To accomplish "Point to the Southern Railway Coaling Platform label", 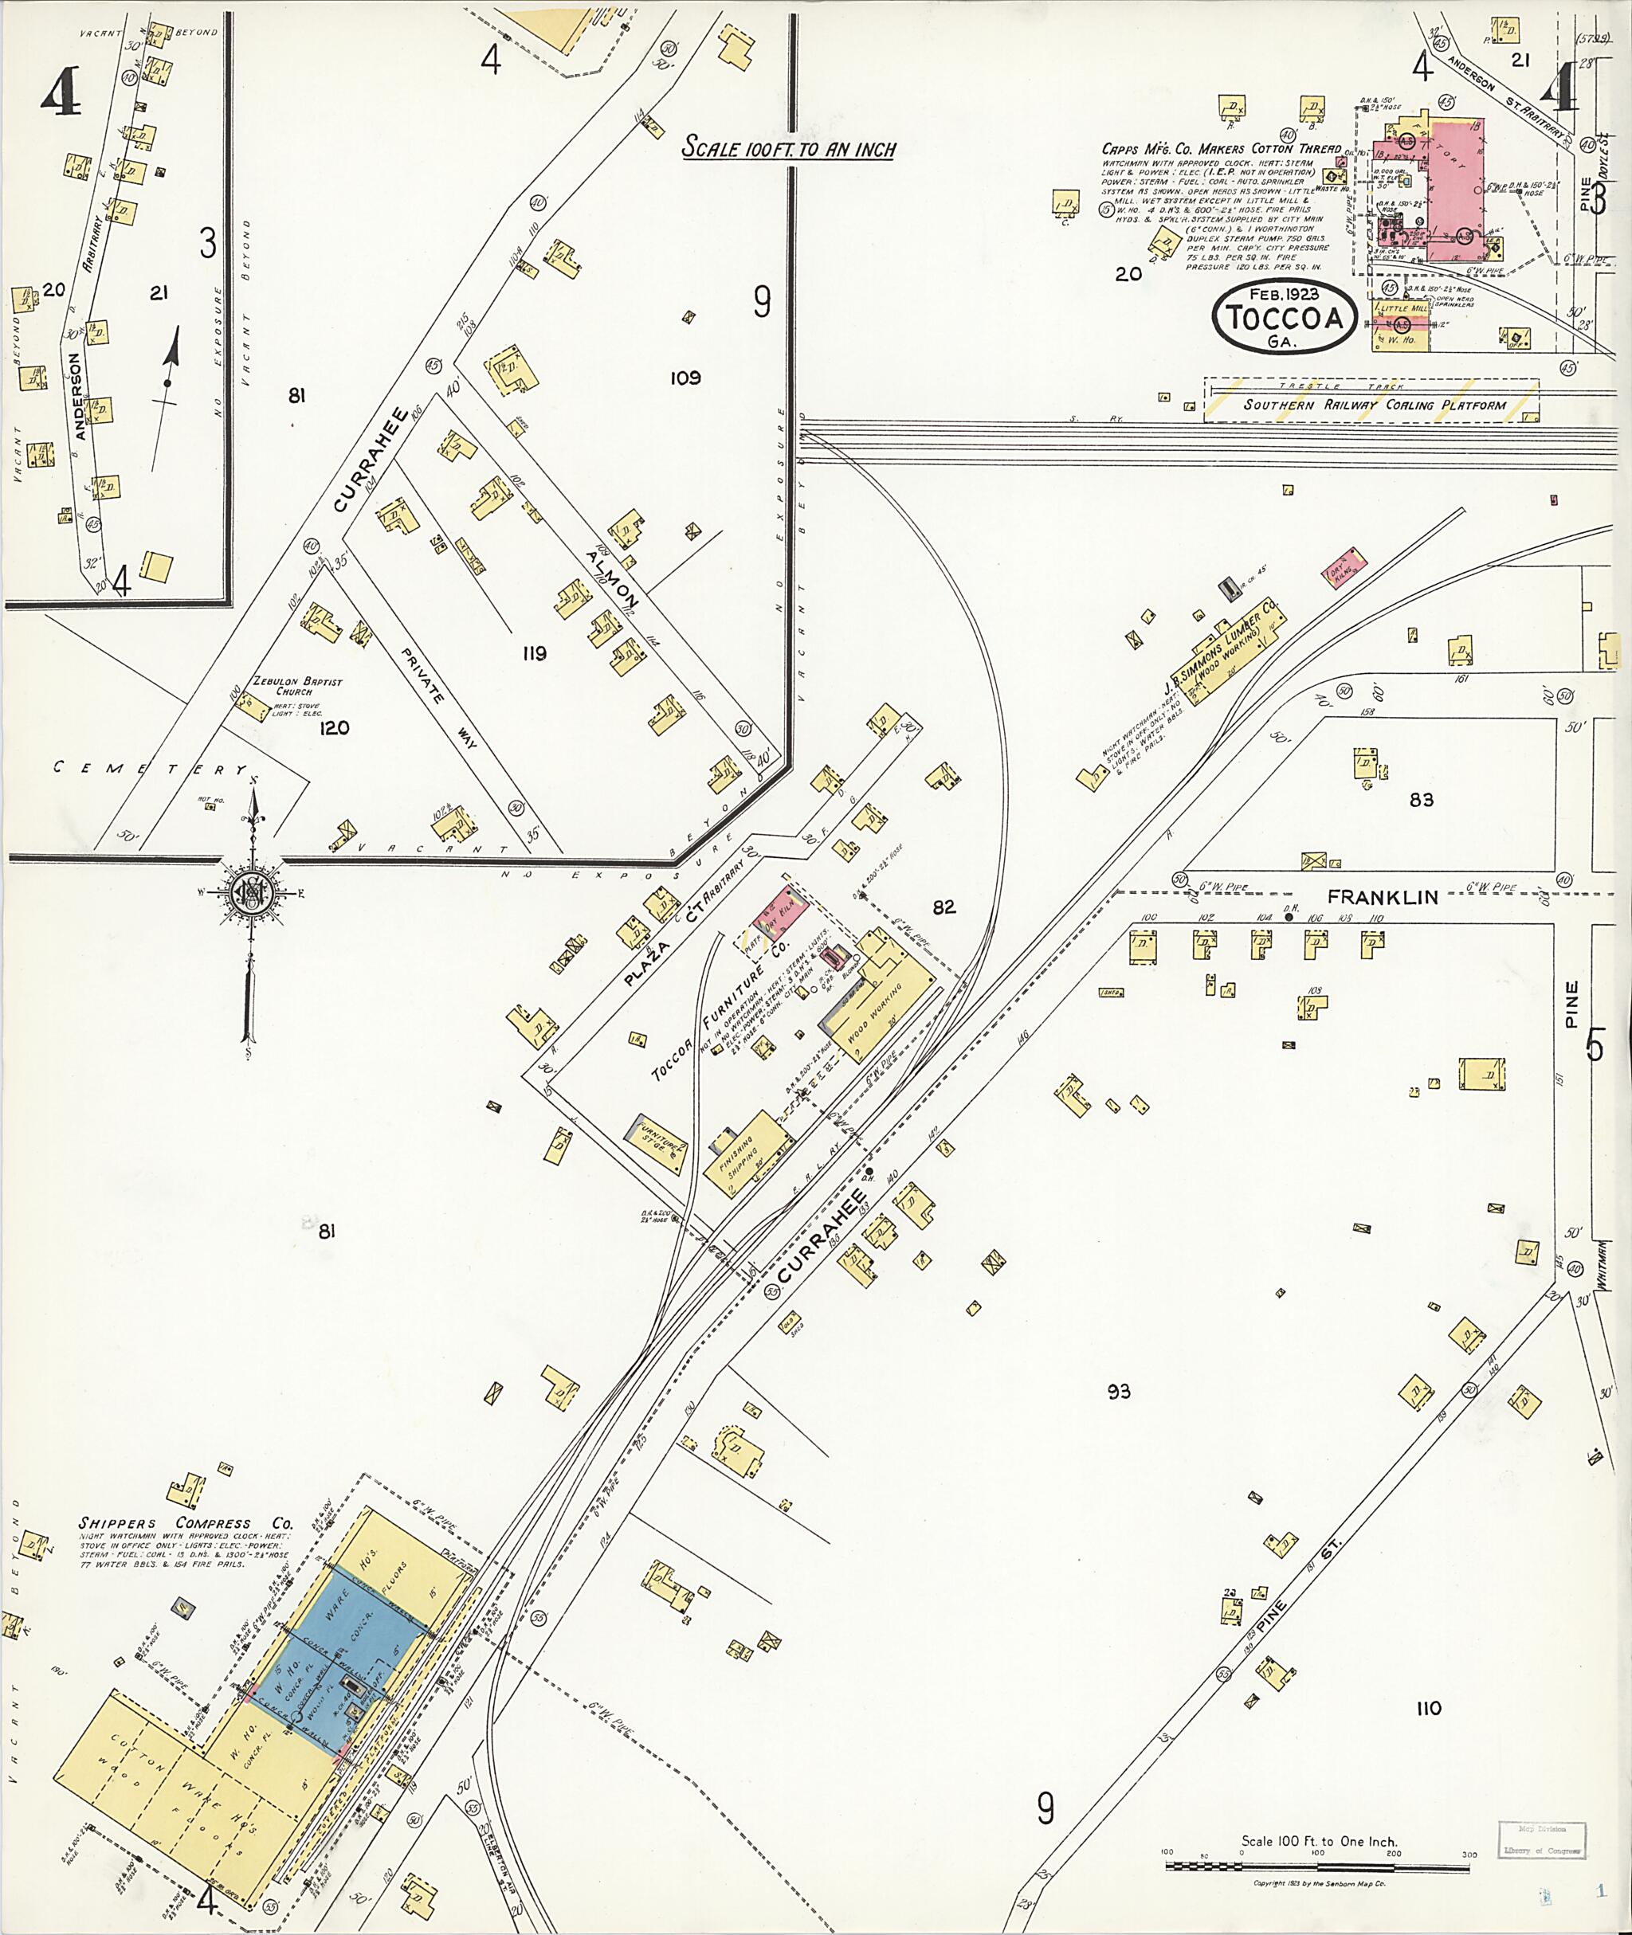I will (x=1375, y=404).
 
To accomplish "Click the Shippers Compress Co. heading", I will (x=185, y=1523).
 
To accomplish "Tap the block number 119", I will (x=534, y=654).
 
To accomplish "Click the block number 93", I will (x=1119, y=1390).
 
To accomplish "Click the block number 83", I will (x=1421, y=799).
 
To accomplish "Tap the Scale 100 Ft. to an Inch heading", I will (x=788, y=148).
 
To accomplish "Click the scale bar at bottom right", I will (x=1316, y=1866).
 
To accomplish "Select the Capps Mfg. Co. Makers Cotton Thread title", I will (x=1220, y=149).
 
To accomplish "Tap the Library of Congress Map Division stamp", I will (x=1542, y=1839).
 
